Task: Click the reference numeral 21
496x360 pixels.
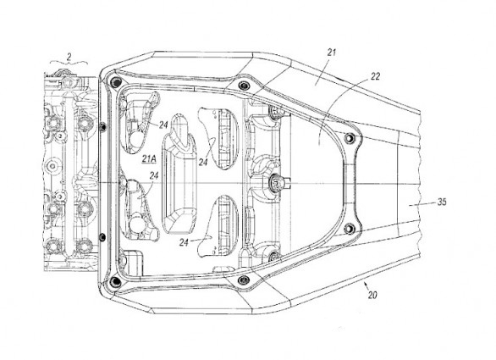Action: pyautogui.click(x=331, y=53)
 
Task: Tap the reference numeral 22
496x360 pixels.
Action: pyautogui.click(x=375, y=76)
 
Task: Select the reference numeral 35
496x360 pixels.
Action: pyautogui.click(x=442, y=202)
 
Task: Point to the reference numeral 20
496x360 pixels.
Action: pyautogui.click(x=372, y=295)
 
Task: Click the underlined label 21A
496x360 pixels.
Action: pyautogui.click(x=149, y=159)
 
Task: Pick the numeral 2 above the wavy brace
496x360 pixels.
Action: pyautogui.click(x=69, y=57)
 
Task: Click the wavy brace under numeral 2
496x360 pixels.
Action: pyautogui.click(x=69, y=63)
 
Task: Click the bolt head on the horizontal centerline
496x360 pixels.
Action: pyautogui.click(x=273, y=182)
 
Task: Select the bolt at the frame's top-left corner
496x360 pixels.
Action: pyautogui.click(x=115, y=82)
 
